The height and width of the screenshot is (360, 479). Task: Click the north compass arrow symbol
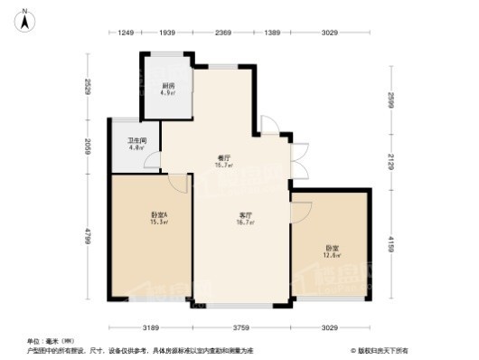[x=27, y=15]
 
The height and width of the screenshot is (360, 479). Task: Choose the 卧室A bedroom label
[x=159, y=213]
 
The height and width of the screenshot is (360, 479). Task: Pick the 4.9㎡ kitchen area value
[x=166, y=92]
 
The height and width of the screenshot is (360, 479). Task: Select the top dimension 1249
[x=126, y=33]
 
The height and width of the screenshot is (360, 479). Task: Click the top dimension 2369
[x=223, y=33]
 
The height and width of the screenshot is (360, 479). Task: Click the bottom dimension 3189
[x=151, y=327]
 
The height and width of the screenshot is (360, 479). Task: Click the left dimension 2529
[x=88, y=88]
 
